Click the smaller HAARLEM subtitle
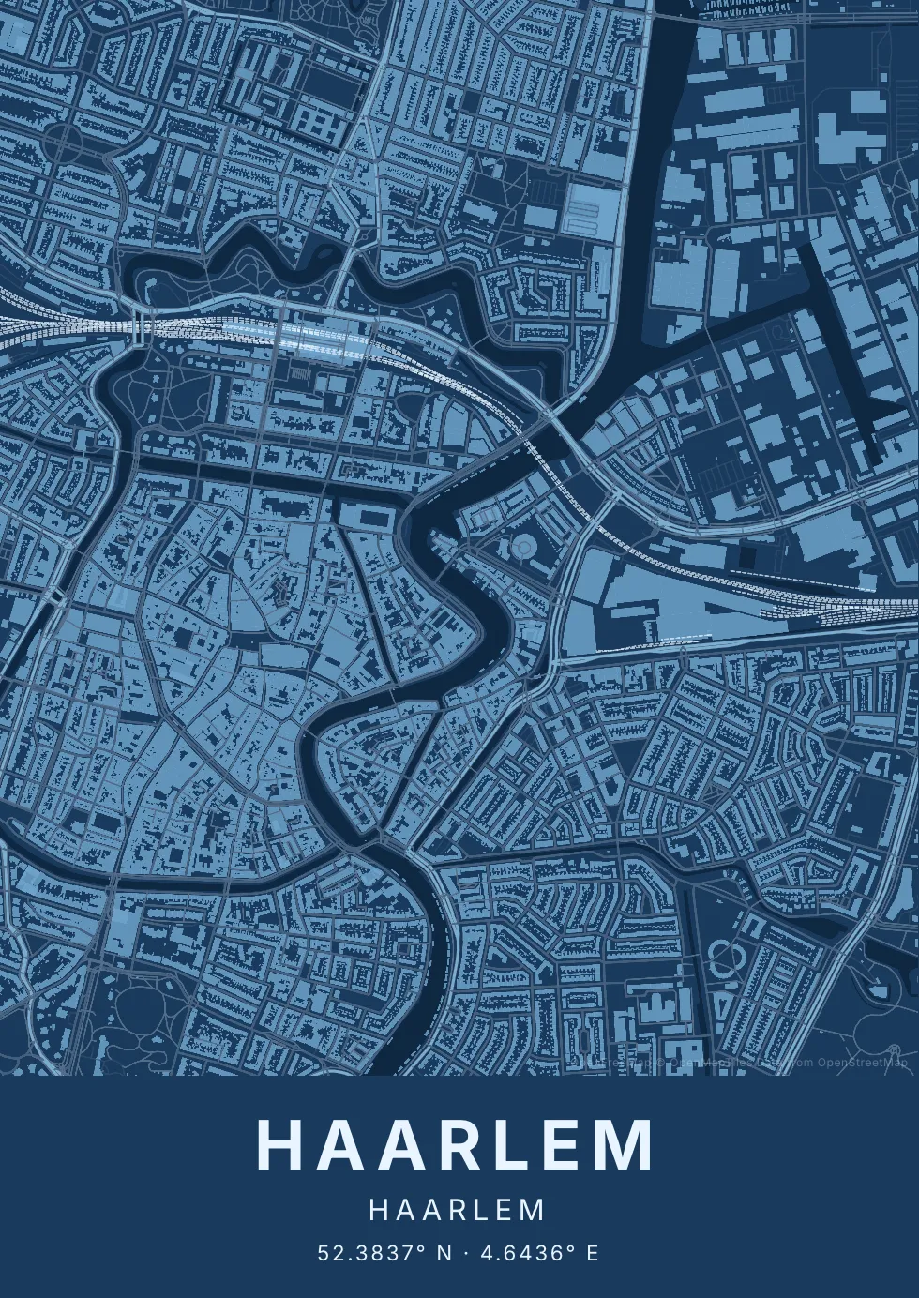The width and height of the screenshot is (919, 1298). pyautogui.click(x=458, y=1210)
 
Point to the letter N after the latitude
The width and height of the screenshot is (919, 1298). pyautogui.click(x=445, y=1253)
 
